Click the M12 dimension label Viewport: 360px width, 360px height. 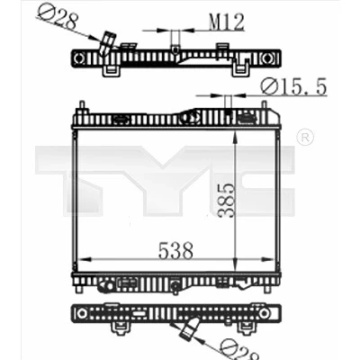[x=227, y=22]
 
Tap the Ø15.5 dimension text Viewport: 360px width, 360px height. [x=293, y=87]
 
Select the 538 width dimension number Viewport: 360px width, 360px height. [x=175, y=251]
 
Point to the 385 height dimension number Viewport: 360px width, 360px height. [x=226, y=200]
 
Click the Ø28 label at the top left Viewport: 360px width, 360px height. [x=58, y=17]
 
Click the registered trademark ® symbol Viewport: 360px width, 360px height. [x=305, y=138]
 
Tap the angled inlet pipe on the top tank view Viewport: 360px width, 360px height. [x=107, y=44]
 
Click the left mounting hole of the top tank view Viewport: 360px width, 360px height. [x=79, y=58]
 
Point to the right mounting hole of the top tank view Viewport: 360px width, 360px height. [x=265, y=58]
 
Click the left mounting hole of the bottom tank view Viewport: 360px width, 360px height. [x=81, y=313]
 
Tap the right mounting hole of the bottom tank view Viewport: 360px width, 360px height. [x=264, y=313]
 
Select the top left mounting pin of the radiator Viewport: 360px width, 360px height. [x=82, y=107]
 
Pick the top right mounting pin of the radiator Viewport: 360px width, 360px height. [x=264, y=107]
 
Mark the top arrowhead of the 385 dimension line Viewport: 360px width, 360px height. [x=236, y=138]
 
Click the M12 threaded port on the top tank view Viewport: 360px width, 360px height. [x=175, y=42]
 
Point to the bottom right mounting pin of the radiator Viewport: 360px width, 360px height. [x=266, y=290]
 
